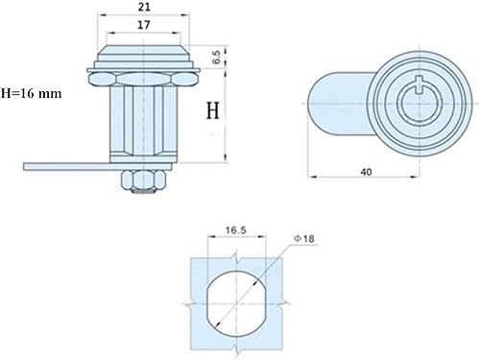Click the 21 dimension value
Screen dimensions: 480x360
click(x=144, y=7)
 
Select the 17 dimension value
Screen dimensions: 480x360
click(x=144, y=25)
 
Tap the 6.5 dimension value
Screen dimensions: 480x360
click(x=216, y=57)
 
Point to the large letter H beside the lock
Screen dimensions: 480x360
click(x=213, y=110)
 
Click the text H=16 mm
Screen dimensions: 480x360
click(x=32, y=93)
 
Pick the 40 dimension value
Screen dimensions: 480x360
click(x=366, y=172)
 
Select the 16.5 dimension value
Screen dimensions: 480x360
click(x=236, y=230)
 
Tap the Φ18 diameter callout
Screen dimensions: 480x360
click(x=304, y=239)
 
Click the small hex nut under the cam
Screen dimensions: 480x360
click(x=144, y=180)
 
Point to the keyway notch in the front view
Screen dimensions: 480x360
click(x=419, y=85)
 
